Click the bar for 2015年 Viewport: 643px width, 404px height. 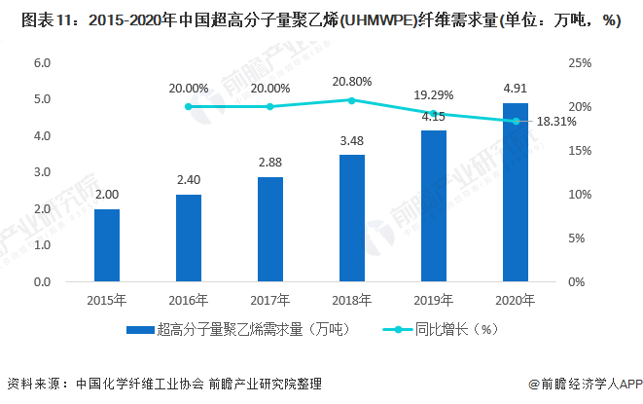click(x=107, y=245)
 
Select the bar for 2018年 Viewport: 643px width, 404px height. click(x=351, y=218)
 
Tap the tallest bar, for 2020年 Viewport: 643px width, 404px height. click(x=515, y=192)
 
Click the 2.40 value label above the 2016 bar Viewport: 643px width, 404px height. click(x=189, y=179)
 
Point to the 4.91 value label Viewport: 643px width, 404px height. click(x=515, y=87)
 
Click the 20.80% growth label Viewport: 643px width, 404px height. click(x=352, y=82)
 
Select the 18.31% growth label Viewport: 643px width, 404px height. click(x=557, y=122)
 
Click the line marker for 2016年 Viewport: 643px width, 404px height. click(x=189, y=106)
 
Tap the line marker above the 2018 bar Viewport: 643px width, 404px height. click(x=351, y=99)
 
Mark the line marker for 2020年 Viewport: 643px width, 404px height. click(x=515, y=121)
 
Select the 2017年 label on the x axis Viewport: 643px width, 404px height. click(x=270, y=299)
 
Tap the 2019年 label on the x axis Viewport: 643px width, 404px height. click(x=433, y=299)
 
